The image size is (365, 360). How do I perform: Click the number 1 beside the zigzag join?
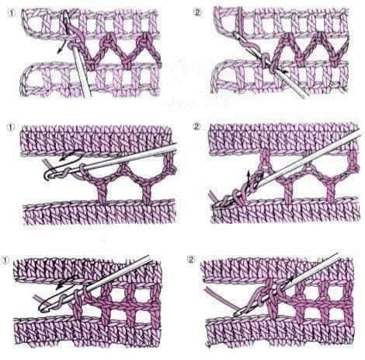pos(11,13)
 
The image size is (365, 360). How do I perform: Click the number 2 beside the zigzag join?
pos(197,12)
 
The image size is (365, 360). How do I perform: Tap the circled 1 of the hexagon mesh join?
pos(11,128)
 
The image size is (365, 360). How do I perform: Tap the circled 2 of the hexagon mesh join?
pos(196,127)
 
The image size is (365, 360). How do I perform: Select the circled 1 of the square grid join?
pos(5,260)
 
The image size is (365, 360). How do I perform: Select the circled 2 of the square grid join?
pos(191,259)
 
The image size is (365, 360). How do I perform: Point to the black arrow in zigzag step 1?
pos(61,47)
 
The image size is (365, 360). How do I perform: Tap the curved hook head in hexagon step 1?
pos(49,174)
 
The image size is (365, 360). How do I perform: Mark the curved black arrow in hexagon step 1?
pos(68,156)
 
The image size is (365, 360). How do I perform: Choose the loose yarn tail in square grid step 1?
pos(39,299)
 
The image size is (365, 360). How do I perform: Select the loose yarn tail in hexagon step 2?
pos(213,196)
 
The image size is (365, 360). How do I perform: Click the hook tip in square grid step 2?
pos(236,314)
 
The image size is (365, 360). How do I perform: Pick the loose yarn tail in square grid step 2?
pos(220,300)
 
